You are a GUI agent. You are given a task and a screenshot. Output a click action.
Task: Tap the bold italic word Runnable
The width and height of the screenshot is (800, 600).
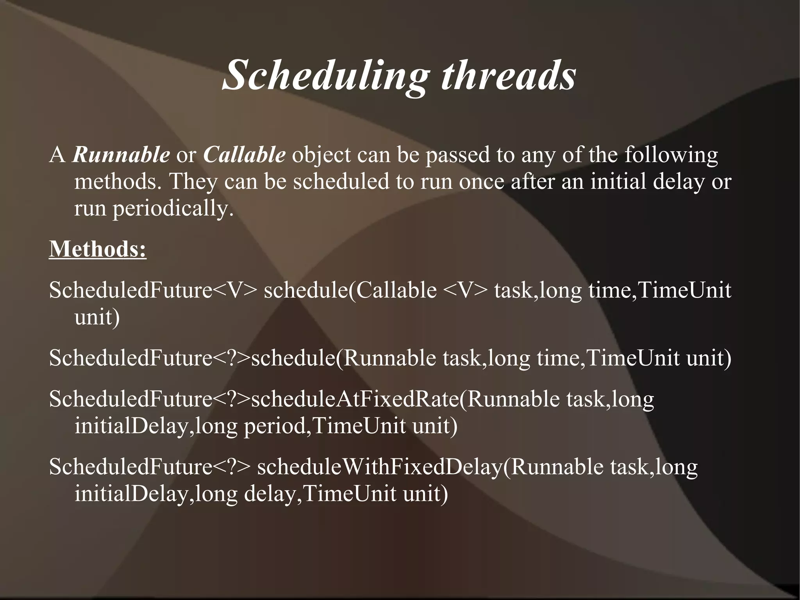tap(121, 155)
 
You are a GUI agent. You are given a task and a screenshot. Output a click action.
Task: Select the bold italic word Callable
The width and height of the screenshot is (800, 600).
tap(244, 155)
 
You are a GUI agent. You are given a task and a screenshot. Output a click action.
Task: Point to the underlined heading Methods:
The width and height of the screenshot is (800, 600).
tap(98, 249)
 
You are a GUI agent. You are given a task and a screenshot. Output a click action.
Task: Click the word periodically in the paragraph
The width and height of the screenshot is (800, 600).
tap(173, 209)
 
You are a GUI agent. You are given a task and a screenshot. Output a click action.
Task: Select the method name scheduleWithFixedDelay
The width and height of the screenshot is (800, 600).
tap(379, 467)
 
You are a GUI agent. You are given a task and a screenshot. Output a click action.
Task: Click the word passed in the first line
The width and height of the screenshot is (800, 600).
tap(457, 156)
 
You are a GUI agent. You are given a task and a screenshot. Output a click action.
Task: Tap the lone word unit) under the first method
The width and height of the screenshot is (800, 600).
tap(97, 317)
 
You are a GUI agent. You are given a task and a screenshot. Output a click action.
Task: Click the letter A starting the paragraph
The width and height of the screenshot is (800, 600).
tap(57, 156)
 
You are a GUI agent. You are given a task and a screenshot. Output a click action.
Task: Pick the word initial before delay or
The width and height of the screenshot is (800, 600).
tap(618, 182)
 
